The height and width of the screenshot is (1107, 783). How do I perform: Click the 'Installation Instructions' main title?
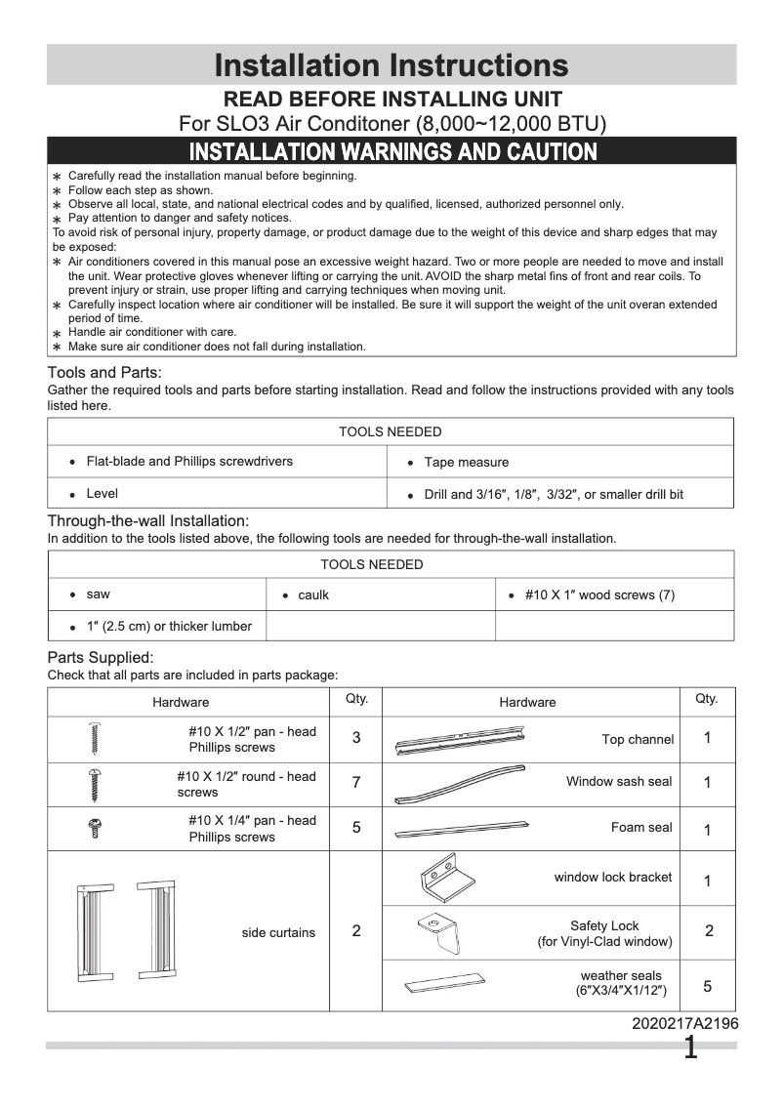pos(391,65)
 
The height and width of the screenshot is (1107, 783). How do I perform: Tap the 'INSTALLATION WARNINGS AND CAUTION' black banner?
pos(391,151)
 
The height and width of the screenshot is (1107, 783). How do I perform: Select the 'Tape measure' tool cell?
pos(466,463)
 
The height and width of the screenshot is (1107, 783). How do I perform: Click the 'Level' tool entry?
pos(102,494)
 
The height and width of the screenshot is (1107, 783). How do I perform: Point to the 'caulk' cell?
pos(312,595)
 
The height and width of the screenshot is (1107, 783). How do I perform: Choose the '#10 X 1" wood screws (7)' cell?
pos(598,595)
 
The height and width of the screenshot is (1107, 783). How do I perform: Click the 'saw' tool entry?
pos(98,594)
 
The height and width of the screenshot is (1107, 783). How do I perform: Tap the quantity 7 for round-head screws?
pos(355,783)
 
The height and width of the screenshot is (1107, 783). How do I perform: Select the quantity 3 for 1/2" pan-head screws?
pos(355,738)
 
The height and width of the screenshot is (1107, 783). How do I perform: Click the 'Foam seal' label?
pos(641,828)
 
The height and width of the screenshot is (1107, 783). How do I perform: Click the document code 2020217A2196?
pos(684,1024)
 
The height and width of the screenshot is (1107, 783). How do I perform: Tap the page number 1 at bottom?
pos(690,1049)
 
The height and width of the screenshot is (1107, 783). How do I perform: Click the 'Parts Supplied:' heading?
pos(101,658)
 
